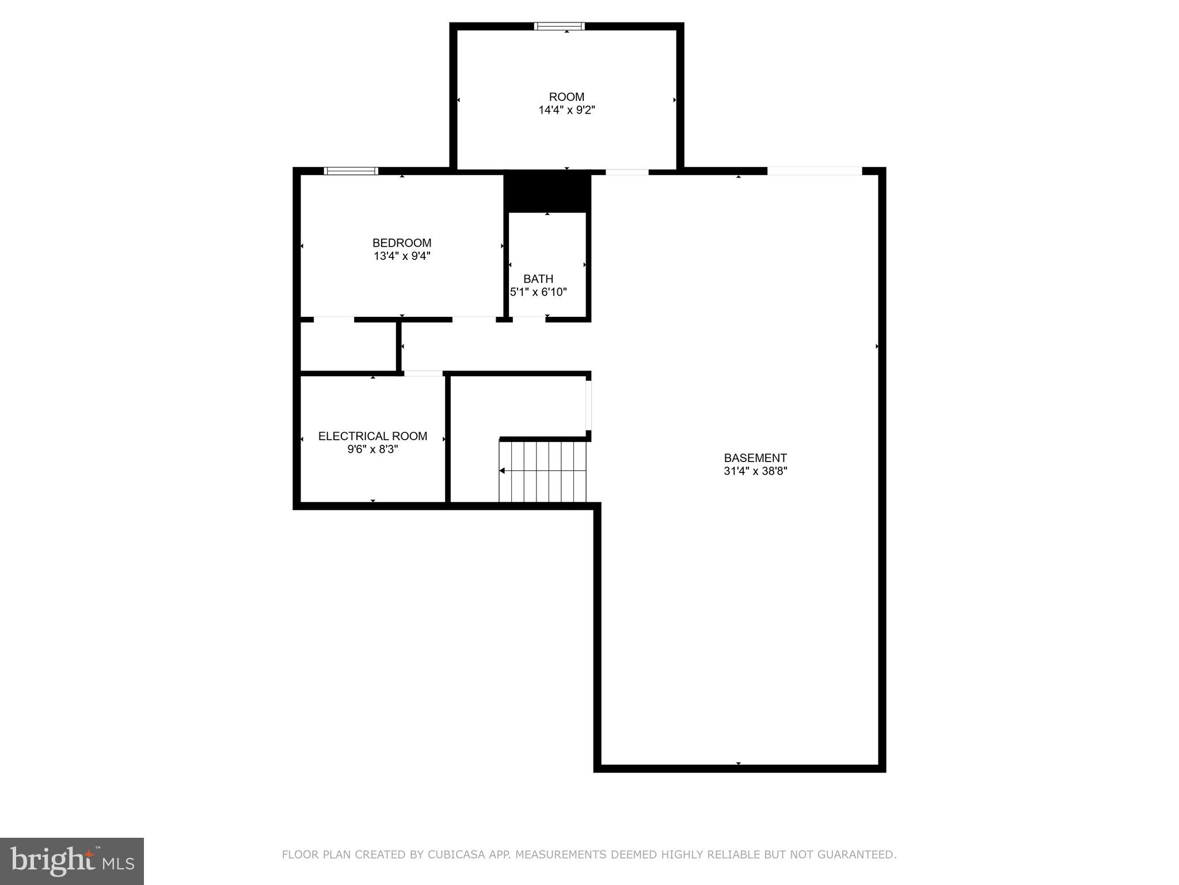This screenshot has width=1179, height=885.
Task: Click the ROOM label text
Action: pos(566,97)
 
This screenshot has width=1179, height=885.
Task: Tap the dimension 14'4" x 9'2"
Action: pos(566,110)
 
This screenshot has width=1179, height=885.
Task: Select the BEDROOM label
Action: pos(402,243)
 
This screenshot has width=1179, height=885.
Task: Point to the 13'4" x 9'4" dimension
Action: pos(402,256)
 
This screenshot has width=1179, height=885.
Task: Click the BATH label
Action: pos(538,279)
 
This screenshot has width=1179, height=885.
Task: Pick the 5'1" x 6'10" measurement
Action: pos(539,292)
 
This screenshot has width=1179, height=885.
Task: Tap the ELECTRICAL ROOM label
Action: pos(372,436)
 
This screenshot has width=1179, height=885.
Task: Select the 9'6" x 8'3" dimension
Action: pos(372,449)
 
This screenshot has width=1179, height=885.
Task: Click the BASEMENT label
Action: pos(755,458)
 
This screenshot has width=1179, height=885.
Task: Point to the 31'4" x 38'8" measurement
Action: pos(755,471)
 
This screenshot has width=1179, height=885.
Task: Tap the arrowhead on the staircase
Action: pos(502,471)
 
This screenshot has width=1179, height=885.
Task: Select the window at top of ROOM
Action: pos(560,26)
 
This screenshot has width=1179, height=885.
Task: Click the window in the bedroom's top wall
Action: pos(351,171)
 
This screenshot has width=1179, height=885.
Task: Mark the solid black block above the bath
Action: pos(547,192)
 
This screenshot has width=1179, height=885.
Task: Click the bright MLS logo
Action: pos(72,861)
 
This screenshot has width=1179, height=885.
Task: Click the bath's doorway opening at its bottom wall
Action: pos(529,319)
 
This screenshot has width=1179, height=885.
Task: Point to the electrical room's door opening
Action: pos(423,373)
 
